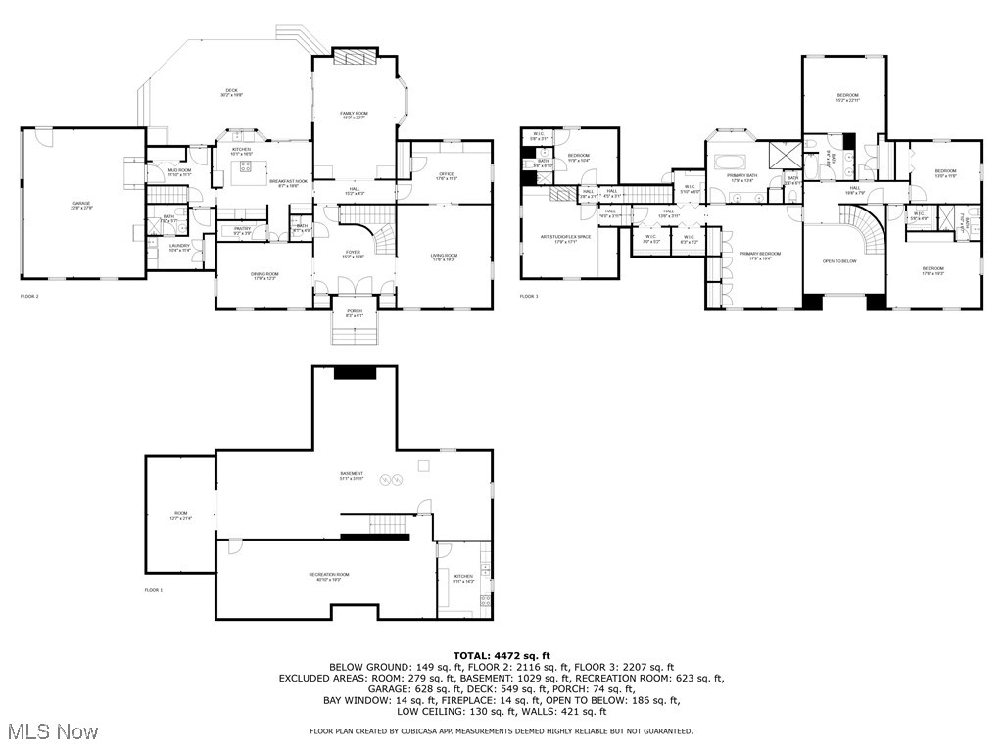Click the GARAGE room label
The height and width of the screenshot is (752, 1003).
(x=81, y=204)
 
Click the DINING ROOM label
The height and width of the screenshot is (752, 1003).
(x=265, y=274)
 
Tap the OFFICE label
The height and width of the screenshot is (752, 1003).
(x=447, y=174)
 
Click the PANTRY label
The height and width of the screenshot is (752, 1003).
(x=243, y=229)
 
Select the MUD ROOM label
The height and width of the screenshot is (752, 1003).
(x=178, y=170)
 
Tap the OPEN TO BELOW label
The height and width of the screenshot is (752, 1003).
(x=839, y=261)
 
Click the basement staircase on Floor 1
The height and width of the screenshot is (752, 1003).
(x=389, y=526)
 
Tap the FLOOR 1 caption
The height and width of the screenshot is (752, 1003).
(x=154, y=590)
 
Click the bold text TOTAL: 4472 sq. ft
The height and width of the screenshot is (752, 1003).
(x=501, y=655)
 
